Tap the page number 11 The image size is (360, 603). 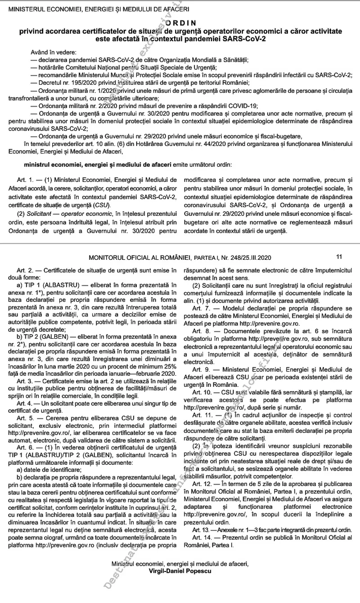pyautogui.click(x=339, y=257)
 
